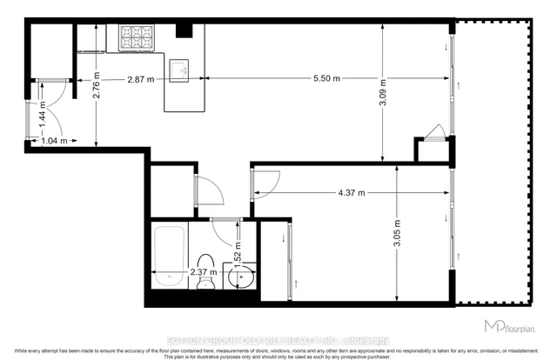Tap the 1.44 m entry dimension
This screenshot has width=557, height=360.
pos(42,117)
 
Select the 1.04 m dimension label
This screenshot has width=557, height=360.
pos(52,139)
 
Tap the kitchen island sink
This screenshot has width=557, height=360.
pos(181,70)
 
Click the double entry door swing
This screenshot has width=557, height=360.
pos(50,100)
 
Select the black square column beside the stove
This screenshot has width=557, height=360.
pos(184,31)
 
